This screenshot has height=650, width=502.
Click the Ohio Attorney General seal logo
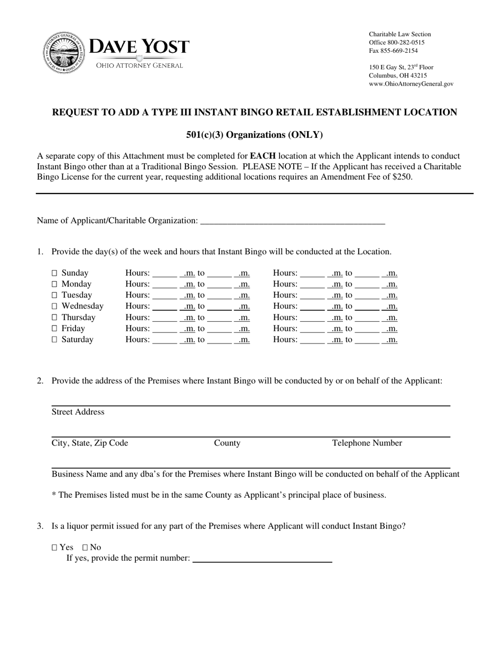coord(64,52)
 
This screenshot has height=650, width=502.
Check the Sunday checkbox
coord(54,273)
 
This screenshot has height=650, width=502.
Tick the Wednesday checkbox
coord(54,307)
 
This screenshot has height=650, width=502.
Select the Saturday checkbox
coord(54,340)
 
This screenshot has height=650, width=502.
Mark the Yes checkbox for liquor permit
coord(54,547)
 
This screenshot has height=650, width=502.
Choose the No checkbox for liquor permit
coord(85,547)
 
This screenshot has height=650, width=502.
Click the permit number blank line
coord(262,559)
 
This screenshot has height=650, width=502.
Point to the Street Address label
coord(78,412)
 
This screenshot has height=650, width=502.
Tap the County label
coord(227,443)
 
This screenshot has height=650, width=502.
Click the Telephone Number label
coord(367,443)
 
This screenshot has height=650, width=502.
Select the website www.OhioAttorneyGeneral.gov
coord(411,84)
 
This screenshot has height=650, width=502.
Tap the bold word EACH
coord(263,156)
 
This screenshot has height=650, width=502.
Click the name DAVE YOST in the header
coord(139,47)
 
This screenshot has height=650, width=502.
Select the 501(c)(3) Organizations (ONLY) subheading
coord(254,135)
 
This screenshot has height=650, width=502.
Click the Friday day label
coord(73,329)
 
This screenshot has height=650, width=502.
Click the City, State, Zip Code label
coord(90,443)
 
